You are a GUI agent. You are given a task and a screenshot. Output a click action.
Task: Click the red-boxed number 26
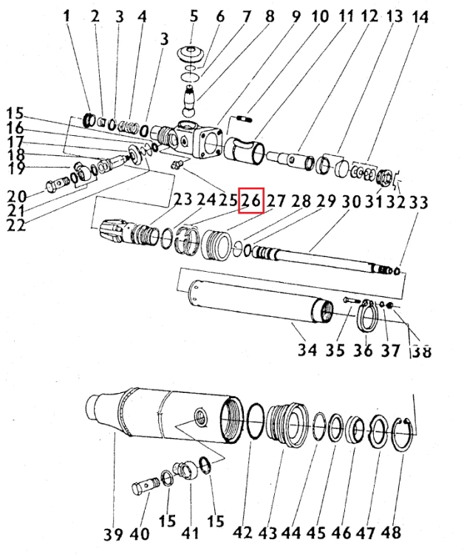click(251, 200)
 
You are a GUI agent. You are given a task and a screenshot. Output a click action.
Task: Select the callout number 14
click(420, 16)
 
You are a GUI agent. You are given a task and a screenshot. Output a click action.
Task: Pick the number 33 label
click(419, 200)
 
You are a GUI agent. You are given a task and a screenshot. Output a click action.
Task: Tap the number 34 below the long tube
click(307, 349)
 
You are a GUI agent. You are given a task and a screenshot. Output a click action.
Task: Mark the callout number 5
click(194, 16)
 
